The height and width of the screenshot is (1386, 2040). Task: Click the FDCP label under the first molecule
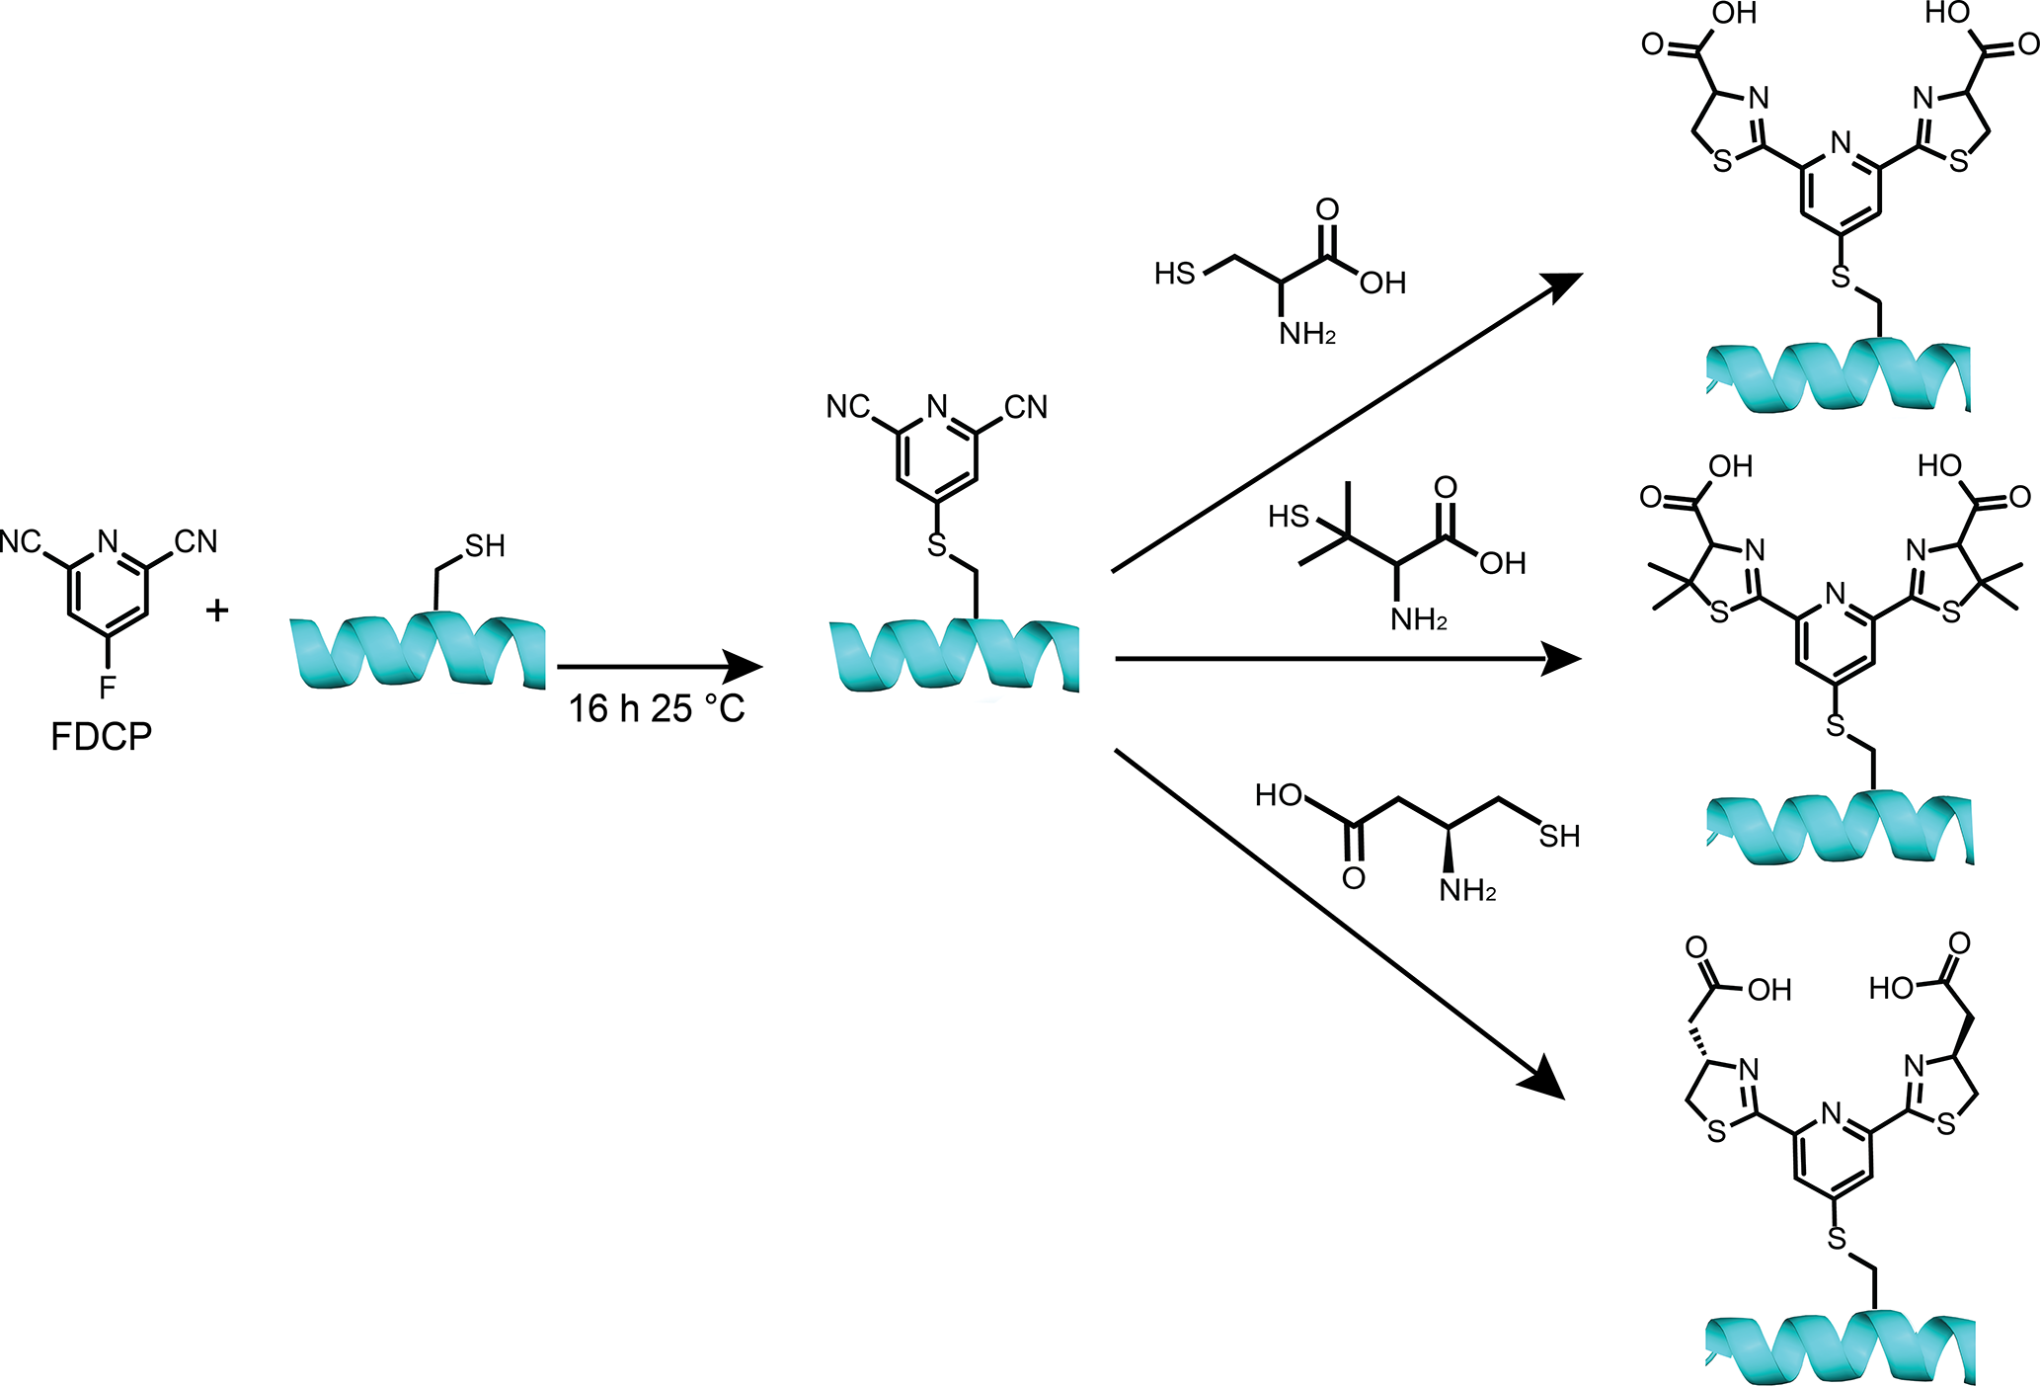point(101,737)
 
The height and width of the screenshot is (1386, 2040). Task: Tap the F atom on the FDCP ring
point(108,686)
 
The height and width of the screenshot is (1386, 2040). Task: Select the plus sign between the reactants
point(217,611)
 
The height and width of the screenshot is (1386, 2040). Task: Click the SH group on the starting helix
point(485,546)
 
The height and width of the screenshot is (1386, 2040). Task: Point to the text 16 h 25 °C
point(656,708)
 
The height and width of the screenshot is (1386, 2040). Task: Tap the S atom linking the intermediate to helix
point(937,543)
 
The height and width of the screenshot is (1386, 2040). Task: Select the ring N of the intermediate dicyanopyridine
point(937,406)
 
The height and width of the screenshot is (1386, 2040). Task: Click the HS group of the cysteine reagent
point(1175,274)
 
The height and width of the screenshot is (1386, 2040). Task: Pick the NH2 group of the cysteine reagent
point(1307,335)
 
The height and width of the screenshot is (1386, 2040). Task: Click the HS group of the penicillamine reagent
point(1289,517)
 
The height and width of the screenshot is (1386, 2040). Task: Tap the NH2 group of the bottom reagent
point(1467,891)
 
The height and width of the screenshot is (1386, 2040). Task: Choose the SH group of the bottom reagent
point(1559,837)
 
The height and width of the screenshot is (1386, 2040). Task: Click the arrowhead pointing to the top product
point(1562,285)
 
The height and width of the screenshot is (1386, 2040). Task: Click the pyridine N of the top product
point(1841,143)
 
